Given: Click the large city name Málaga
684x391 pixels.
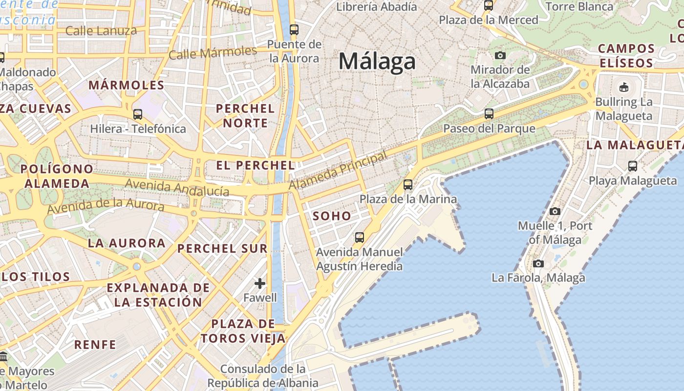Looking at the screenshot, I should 377,62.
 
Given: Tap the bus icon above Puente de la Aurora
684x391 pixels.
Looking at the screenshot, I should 294,29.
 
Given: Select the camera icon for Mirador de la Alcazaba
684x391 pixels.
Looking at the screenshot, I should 500,55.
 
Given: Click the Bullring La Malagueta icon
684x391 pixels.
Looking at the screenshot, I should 623,87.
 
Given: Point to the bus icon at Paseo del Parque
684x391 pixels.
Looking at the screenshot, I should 489,114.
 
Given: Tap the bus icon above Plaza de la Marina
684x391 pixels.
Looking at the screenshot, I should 408,185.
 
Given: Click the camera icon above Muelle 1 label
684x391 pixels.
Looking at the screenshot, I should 555,211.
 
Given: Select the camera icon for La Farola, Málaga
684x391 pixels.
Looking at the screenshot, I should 538,263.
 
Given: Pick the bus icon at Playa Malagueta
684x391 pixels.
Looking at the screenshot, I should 632,166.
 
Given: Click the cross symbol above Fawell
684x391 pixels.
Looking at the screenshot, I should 260,283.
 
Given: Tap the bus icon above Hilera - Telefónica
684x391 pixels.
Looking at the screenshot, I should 138,114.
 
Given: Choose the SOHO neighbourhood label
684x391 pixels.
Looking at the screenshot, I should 332,216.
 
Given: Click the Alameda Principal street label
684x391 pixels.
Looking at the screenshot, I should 338,171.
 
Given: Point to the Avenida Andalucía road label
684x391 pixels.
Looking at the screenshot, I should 177,187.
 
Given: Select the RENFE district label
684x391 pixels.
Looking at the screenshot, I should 95,345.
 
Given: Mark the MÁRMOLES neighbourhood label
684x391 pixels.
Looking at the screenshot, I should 126,85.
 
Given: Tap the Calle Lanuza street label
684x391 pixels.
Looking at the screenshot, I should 101,31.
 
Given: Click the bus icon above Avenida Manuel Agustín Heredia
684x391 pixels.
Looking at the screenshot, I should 360,238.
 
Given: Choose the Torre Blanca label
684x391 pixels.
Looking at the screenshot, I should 579,6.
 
